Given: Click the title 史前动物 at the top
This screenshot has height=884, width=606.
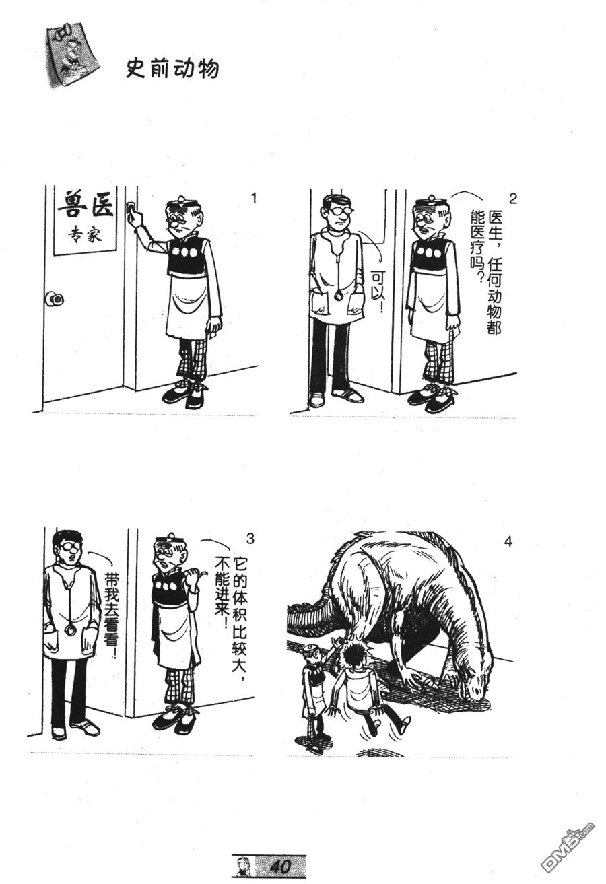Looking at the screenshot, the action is click(172, 69).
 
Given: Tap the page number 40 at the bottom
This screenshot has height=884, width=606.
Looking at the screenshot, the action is click(280, 864).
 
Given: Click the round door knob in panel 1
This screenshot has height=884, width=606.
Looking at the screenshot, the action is click(55, 299).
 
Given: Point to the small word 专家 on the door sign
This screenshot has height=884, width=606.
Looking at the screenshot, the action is click(84, 235).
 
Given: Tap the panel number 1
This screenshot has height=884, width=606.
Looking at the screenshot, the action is click(254, 198).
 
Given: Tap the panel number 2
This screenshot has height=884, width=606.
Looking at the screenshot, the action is click(512, 199).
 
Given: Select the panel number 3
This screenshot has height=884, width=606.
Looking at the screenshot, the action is click(250, 539).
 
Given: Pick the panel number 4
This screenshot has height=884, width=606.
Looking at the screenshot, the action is click(508, 541).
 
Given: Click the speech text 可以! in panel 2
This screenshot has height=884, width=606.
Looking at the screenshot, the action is click(378, 290).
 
